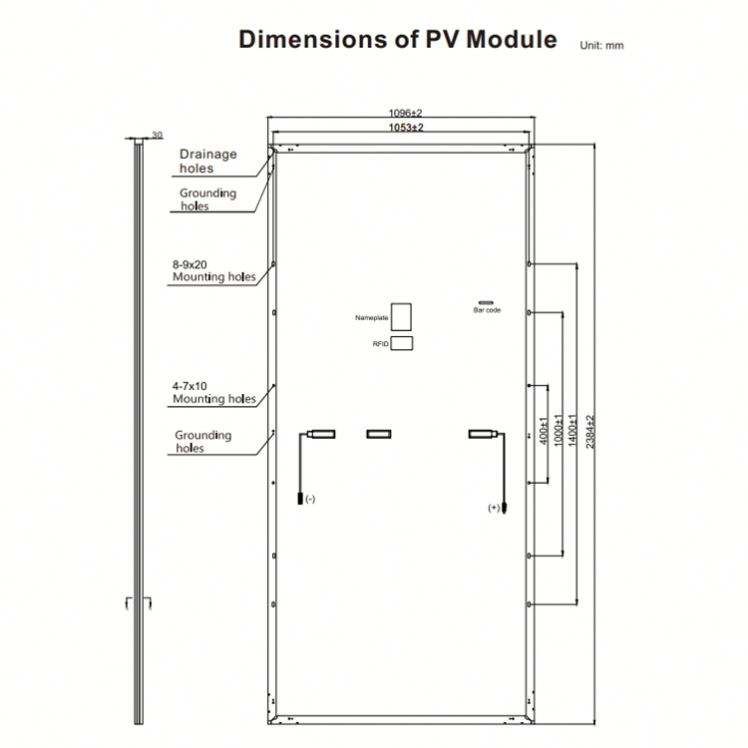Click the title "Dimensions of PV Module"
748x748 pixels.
[x=397, y=40]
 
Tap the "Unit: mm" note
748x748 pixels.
[x=601, y=46]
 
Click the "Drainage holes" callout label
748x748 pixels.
[x=208, y=161]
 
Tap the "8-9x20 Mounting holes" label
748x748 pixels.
[x=213, y=270]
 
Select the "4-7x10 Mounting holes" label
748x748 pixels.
[x=213, y=392]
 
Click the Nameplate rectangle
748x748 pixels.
[x=402, y=316]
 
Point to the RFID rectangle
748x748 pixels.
[x=402, y=343]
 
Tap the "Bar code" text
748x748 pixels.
[x=487, y=311]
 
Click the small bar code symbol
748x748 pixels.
[x=486, y=301]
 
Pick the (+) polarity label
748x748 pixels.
[x=493, y=508]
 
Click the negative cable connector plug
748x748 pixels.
[x=299, y=495]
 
